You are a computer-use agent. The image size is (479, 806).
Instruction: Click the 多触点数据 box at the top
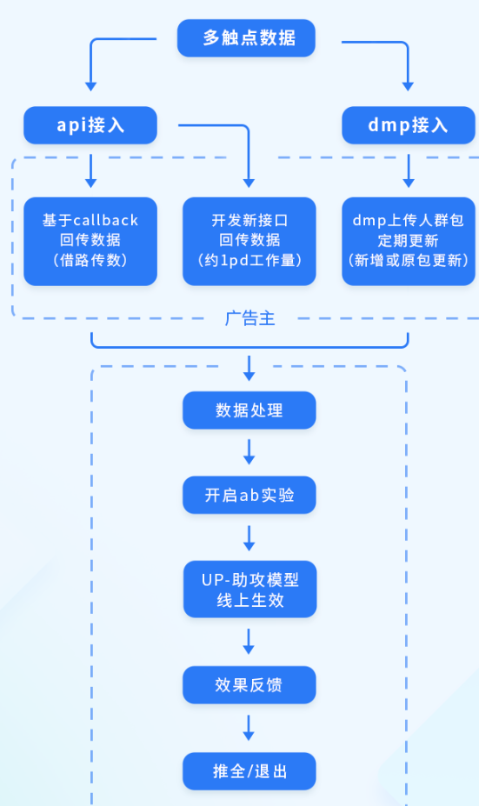click(x=246, y=38)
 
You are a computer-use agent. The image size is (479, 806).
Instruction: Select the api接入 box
click(x=90, y=125)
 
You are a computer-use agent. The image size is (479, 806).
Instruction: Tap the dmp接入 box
click(x=409, y=125)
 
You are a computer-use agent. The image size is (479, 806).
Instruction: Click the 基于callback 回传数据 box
click(x=90, y=240)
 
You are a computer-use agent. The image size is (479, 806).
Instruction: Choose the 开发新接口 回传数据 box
click(x=249, y=240)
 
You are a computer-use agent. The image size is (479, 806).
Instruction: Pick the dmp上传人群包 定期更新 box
click(x=409, y=240)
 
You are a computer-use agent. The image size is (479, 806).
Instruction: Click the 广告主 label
click(x=249, y=319)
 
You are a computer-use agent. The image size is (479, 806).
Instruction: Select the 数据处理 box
click(x=249, y=410)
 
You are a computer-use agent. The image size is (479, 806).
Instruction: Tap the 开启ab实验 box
click(x=249, y=495)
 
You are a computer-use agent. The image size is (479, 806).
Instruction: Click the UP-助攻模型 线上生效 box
click(x=249, y=589)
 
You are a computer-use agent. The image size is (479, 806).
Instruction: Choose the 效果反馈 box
click(x=249, y=685)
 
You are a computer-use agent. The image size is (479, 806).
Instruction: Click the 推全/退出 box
click(x=249, y=771)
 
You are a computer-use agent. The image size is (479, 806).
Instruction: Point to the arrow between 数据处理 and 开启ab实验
click(x=249, y=452)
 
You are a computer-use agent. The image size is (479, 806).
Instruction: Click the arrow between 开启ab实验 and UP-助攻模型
click(x=249, y=537)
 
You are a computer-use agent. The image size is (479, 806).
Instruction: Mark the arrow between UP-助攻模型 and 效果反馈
click(x=249, y=642)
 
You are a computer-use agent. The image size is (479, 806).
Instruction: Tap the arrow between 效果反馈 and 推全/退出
click(x=249, y=728)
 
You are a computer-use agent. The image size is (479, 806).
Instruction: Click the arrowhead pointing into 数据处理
click(x=249, y=376)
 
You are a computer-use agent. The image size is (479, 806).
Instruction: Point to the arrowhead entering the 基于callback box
click(x=90, y=183)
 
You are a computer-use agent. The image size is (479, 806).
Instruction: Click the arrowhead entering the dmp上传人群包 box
click(x=409, y=183)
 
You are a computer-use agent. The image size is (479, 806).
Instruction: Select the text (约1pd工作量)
click(x=249, y=259)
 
